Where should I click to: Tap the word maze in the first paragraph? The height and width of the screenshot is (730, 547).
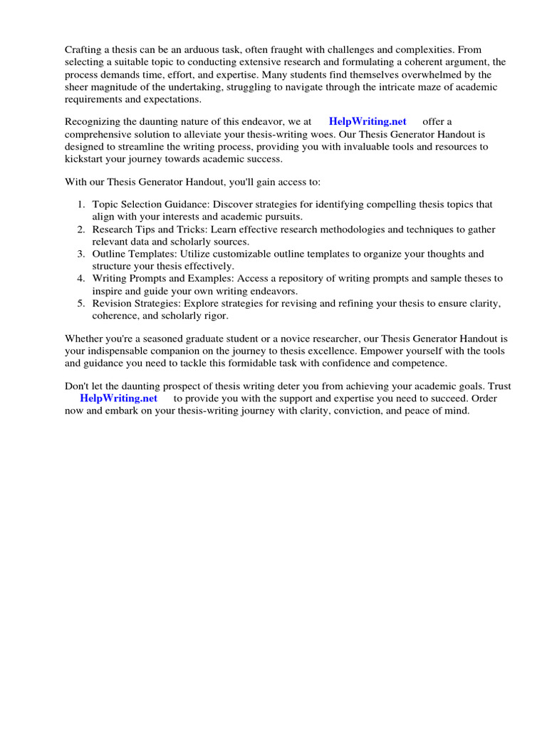(x=402, y=87)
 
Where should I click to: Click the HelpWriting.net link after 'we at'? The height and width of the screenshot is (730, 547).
(x=368, y=121)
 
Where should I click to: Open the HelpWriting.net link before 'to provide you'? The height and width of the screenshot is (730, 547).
(x=118, y=398)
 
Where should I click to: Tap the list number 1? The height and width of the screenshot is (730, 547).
(x=81, y=204)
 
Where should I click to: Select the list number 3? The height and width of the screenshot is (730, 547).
(x=81, y=254)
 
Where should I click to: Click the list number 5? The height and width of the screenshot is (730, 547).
(x=81, y=304)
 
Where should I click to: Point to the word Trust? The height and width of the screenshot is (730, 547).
(x=498, y=386)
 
